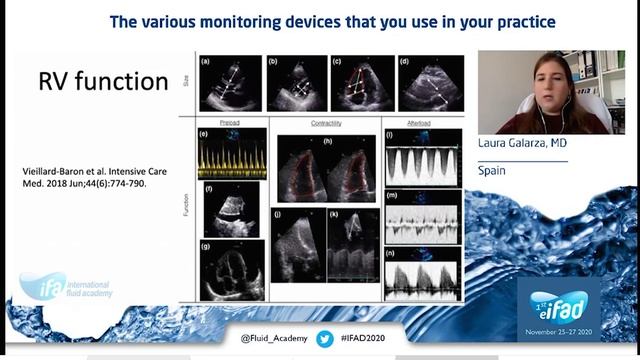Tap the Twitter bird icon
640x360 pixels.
(324, 339)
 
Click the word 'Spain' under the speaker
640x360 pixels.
(491, 171)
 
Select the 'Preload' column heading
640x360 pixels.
(229, 123)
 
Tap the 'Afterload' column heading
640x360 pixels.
(421, 123)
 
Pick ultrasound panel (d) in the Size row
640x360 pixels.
(429, 84)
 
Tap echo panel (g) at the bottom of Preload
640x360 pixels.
(230, 269)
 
